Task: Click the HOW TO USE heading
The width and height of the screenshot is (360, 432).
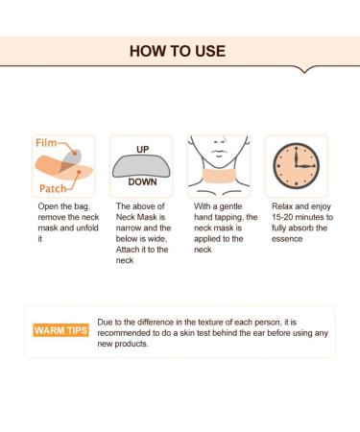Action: pos(178,51)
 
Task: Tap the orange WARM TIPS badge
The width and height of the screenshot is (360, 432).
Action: pos(60,330)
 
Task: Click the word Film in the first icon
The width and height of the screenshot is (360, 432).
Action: pos(46,143)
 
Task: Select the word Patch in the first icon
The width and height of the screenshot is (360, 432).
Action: pos(53,188)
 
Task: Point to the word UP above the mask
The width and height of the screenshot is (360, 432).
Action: pos(143,150)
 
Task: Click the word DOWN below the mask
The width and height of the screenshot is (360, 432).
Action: pos(142,181)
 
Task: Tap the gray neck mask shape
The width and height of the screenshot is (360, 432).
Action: pos(141,166)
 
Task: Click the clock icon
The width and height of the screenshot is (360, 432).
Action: pos(296,166)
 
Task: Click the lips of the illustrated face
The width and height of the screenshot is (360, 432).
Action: pos(219,153)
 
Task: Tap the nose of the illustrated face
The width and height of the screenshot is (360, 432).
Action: pos(220,141)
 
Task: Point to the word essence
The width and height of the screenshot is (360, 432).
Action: pos(287,239)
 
